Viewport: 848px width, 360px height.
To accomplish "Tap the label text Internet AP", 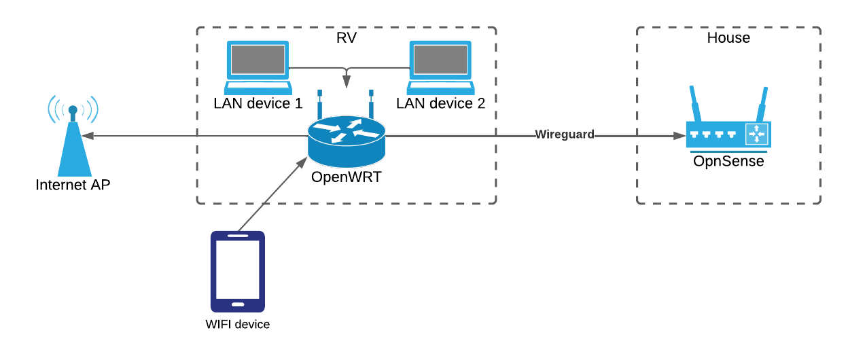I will pyautogui.click(x=73, y=185).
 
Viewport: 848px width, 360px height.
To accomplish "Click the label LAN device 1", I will pyautogui.click(x=258, y=104).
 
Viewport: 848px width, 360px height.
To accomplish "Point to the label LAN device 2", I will pyautogui.click(x=441, y=104).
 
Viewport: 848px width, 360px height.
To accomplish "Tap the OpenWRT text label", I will pyautogui.click(x=345, y=178).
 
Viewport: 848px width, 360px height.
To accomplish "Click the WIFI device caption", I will pyautogui.click(x=237, y=325).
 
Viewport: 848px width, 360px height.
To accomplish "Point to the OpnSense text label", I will pyautogui.click(x=728, y=162).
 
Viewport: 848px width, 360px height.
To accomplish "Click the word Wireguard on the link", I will pyautogui.click(x=565, y=134).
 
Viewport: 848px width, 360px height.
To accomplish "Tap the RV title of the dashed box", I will pyautogui.click(x=347, y=38).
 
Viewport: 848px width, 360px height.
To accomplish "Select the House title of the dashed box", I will pyautogui.click(x=728, y=38).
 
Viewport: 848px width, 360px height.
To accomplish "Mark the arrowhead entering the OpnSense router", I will pyautogui.click(x=679, y=136).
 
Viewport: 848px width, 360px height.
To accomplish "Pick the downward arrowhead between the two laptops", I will pyautogui.click(x=347, y=83).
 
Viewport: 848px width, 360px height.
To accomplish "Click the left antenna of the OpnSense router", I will pyautogui.click(x=695, y=103).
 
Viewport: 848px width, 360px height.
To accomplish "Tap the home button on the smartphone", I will pyautogui.click(x=237, y=304).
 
